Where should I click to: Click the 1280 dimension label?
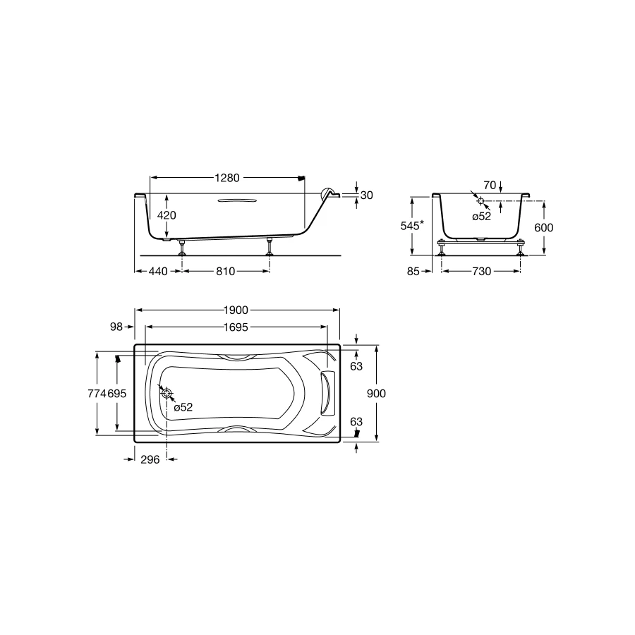pos(227,178)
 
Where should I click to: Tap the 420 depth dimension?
pos(167,215)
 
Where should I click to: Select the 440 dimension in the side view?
pos(158,271)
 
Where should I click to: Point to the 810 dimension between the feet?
pos(225,271)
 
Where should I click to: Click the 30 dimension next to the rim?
pos(366,195)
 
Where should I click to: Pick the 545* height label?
pos(412,226)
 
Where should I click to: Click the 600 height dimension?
pos(543,228)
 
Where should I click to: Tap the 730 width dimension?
pos(481,271)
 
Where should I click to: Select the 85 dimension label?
pos(413,271)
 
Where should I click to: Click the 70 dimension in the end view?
pos(490,185)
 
